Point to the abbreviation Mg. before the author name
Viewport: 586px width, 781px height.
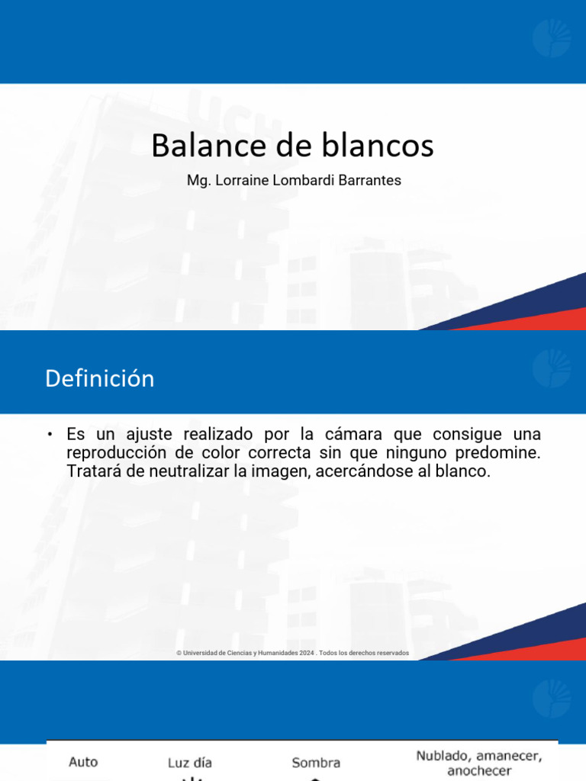[197, 182]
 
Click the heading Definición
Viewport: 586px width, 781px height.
[99, 378]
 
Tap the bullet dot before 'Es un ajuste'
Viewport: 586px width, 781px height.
[50, 435]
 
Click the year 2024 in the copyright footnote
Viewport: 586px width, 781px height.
[307, 653]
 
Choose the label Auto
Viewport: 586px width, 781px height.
[83, 761]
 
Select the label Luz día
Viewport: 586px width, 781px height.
[190, 763]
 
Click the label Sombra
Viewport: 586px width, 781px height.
[316, 763]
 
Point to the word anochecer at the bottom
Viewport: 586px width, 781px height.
[479, 771]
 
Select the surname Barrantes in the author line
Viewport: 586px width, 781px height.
[372, 182]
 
